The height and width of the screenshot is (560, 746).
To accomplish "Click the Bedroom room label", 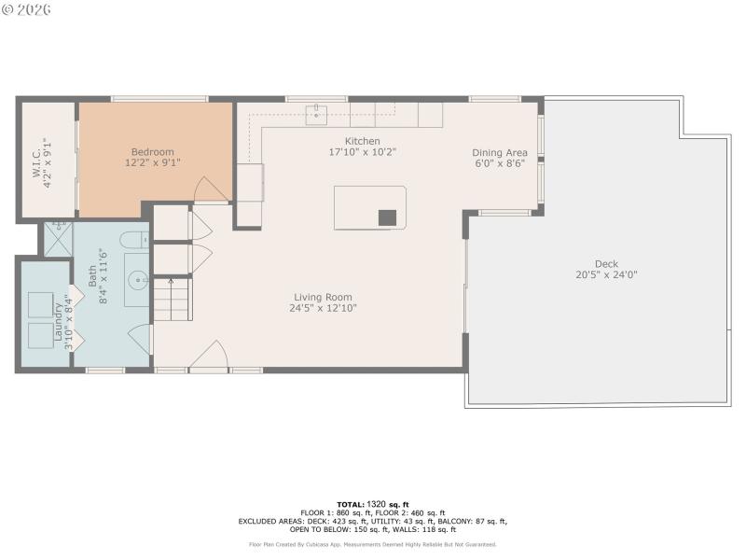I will pyautogui.click(x=152, y=152).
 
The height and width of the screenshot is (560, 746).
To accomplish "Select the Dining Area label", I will pyautogui.click(x=500, y=152).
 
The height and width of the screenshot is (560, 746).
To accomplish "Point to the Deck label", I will pyautogui.click(x=606, y=264).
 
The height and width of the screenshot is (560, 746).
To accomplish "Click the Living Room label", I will pyautogui.click(x=323, y=297).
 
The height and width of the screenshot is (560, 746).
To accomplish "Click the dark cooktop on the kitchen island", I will pyautogui.click(x=387, y=217).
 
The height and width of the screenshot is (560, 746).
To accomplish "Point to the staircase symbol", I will pyautogui.click(x=172, y=299).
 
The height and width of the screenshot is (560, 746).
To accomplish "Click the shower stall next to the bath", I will pyautogui.click(x=56, y=238).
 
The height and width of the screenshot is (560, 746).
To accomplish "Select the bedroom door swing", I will pyautogui.click(x=210, y=189).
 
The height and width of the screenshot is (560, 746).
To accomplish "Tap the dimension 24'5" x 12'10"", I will pyautogui.click(x=323, y=308).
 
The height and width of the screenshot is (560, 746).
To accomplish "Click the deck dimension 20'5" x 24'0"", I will pyautogui.click(x=606, y=275).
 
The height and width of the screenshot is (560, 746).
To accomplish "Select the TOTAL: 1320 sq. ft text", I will pyautogui.click(x=372, y=504).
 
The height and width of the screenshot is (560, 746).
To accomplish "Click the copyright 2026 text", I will pyautogui.click(x=27, y=9).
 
